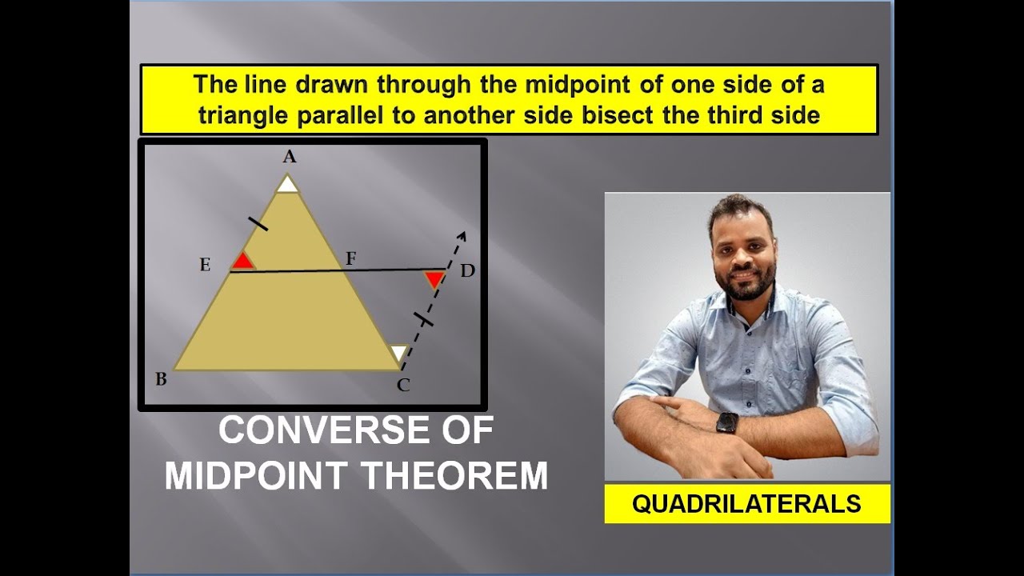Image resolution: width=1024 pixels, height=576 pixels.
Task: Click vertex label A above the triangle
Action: click(289, 158)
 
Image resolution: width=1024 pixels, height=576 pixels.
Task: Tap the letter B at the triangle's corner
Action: click(161, 379)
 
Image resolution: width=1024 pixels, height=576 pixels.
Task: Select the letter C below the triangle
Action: click(403, 386)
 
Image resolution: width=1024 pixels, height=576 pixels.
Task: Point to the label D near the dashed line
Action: click(467, 271)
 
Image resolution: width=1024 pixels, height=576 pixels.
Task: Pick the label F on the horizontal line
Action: click(350, 258)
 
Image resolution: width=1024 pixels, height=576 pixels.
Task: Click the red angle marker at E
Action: click(242, 262)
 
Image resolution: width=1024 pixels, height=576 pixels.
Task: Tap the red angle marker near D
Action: click(434, 279)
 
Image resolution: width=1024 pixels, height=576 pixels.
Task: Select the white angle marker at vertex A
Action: click(287, 185)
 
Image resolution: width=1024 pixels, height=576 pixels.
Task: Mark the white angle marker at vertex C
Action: click(398, 353)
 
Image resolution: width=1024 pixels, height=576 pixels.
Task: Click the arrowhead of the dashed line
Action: click(461, 236)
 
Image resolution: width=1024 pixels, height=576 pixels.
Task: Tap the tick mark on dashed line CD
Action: click(424, 320)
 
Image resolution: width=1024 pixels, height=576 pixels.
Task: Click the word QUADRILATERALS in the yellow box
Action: click(746, 503)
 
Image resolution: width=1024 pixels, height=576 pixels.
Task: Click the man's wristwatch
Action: click(726, 423)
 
